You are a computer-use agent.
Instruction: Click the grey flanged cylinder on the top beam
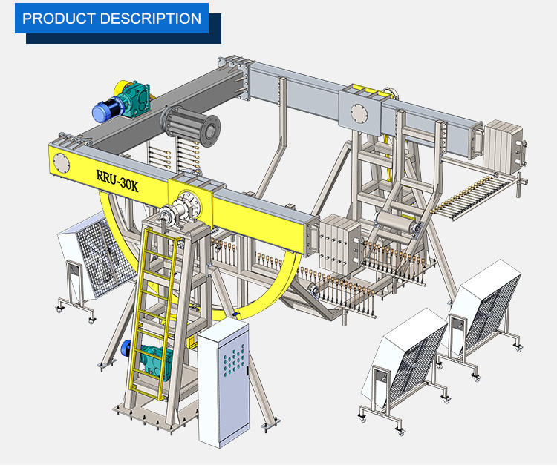click(191, 125)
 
